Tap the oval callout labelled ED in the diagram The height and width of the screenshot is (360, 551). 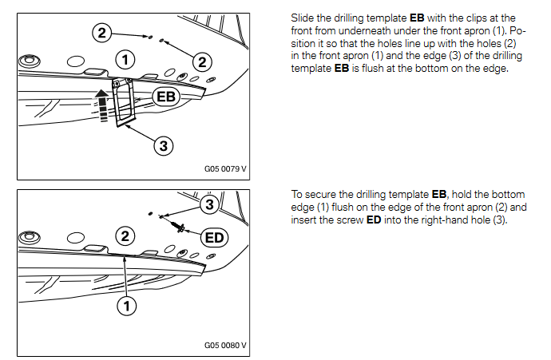tap(213, 237)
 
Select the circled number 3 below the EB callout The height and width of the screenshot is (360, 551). tap(162, 145)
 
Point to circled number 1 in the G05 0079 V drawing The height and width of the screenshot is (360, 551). tap(123, 57)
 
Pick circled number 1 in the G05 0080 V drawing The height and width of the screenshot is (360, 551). tap(125, 305)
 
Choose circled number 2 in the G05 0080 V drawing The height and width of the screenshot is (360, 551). tap(125, 235)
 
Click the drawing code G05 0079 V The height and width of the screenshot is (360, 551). tap(225, 169)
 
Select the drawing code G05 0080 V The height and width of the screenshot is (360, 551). tap(225, 346)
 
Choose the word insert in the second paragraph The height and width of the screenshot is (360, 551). tap(308, 220)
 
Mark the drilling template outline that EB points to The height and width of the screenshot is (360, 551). tap(125, 104)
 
